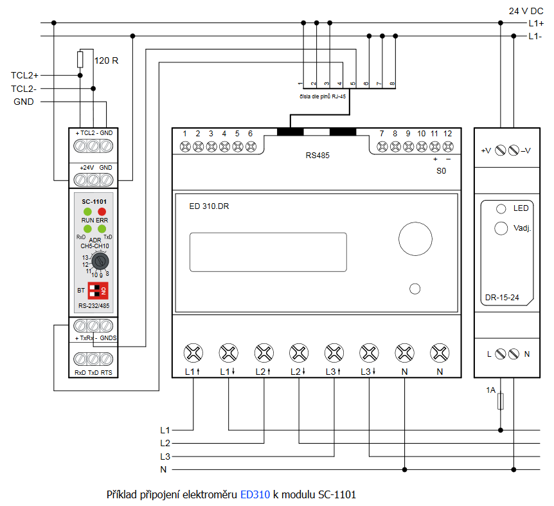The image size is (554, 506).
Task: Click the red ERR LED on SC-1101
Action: coord(102,212)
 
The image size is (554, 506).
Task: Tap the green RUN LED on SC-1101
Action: coord(87,212)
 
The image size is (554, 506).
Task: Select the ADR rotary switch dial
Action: coord(100,262)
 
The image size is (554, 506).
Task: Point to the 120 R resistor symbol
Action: coord(80,60)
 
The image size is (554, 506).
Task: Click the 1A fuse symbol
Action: coord(501,402)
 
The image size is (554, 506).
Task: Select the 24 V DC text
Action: coord(526,11)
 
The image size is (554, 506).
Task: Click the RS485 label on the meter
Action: coord(317,156)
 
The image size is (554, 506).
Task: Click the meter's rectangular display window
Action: coord(268,252)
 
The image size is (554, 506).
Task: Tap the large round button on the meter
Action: coord(416,239)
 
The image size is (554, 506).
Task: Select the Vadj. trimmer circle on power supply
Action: coord(500,228)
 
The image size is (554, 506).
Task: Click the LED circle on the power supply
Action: coord(501,209)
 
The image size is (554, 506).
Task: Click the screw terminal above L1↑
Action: coord(193,352)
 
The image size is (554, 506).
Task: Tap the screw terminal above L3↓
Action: coord(369,352)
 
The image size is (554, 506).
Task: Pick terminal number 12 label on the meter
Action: coord(447,134)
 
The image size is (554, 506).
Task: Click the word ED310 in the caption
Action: coord(255,495)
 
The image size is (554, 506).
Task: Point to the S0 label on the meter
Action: coord(441,172)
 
